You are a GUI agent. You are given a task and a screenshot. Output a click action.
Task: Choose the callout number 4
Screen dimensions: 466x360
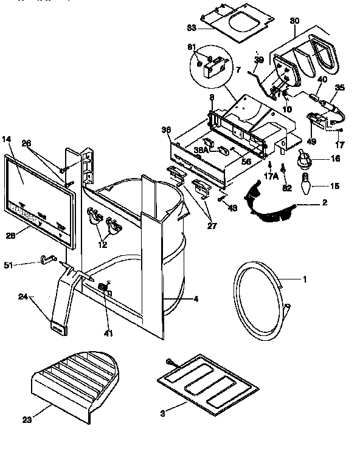(x=196, y=298)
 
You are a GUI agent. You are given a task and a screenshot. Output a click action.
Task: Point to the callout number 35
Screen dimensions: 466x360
(x=339, y=87)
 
